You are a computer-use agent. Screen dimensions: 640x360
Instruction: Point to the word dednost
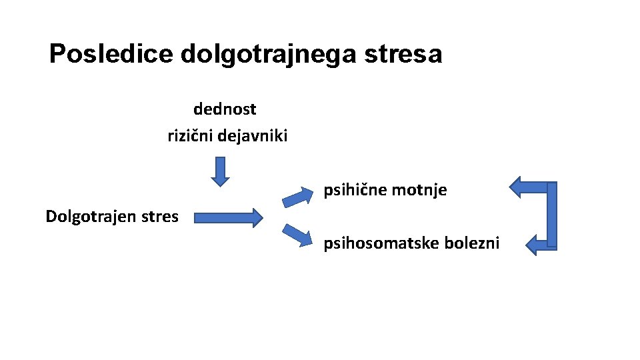click(225, 109)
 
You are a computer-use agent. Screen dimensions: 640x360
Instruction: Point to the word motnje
click(419, 191)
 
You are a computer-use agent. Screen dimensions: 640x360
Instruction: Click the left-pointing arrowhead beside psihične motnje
click(522, 187)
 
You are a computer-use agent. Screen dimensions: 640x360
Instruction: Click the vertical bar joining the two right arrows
click(551, 213)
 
